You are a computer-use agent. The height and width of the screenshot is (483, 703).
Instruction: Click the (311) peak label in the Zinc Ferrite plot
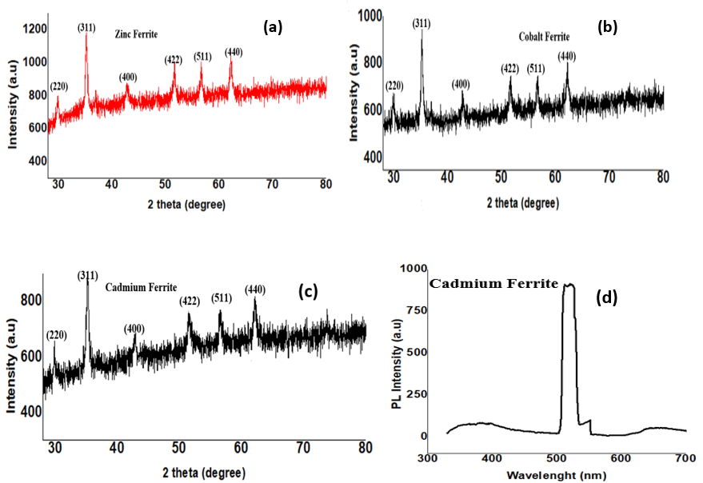click(86, 28)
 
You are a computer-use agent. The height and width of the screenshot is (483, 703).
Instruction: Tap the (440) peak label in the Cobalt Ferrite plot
click(567, 57)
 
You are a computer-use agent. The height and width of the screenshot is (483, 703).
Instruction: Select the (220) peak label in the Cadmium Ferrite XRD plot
click(57, 335)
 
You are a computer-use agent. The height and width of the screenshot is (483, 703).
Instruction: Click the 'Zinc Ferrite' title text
click(136, 34)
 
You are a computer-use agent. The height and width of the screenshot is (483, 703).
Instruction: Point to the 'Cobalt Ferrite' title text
click(545, 36)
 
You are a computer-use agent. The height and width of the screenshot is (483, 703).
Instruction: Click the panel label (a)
click(273, 28)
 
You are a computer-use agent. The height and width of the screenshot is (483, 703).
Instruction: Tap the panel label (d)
click(606, 297)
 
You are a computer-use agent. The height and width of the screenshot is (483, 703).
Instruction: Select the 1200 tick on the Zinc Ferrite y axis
click(35, 29)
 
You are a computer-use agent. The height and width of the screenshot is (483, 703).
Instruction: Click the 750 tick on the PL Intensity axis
click(417, 310)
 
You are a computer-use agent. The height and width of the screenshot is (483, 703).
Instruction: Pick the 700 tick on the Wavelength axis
click(685, 458)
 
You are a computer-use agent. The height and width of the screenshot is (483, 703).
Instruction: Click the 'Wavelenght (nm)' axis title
click(557, 475)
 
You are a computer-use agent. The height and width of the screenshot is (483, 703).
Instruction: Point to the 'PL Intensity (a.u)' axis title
click(397, 364)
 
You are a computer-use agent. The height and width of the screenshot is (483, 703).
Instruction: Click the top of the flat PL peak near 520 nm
click(569, 285)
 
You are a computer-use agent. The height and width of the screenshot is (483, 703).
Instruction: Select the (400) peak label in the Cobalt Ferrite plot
click(461, 84)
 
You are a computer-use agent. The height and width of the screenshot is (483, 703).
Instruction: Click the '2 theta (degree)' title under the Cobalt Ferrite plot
click(523, 203)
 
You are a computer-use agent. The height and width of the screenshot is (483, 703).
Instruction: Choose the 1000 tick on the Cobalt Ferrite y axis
click(369, 16)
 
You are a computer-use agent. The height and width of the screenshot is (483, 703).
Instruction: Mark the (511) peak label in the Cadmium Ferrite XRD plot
click(222, 297)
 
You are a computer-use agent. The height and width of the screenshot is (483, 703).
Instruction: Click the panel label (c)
click(308, 292)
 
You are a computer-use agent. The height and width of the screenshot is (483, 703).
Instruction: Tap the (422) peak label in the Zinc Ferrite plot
click(173, 60)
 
